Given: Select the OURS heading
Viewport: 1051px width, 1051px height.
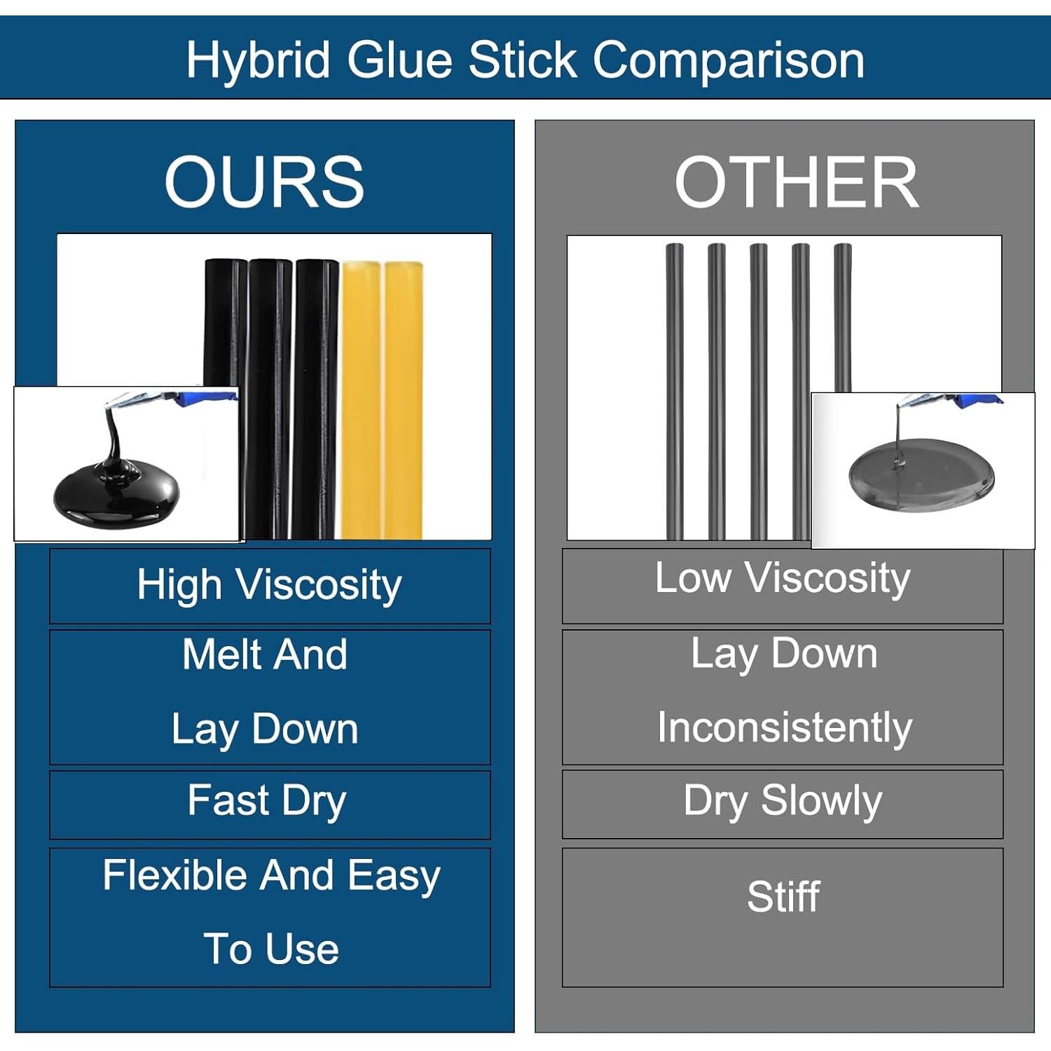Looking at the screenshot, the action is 264,182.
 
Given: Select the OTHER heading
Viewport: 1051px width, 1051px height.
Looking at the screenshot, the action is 796,182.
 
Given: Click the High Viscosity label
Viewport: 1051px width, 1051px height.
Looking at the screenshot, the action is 270,585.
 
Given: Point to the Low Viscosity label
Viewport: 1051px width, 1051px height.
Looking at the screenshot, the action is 783,579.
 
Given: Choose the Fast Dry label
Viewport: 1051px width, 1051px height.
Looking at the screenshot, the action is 267,801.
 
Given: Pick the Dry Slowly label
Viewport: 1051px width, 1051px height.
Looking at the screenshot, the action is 783,801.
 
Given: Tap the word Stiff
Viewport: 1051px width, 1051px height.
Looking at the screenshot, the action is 783,896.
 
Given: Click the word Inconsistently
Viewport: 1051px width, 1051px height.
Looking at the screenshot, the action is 785,727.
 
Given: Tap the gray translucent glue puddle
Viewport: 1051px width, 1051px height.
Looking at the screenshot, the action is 920,474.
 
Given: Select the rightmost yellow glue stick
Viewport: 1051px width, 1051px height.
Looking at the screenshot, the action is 404,399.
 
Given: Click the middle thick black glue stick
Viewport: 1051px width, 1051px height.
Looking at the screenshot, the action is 270,399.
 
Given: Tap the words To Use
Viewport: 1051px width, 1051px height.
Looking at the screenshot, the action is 271,949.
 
